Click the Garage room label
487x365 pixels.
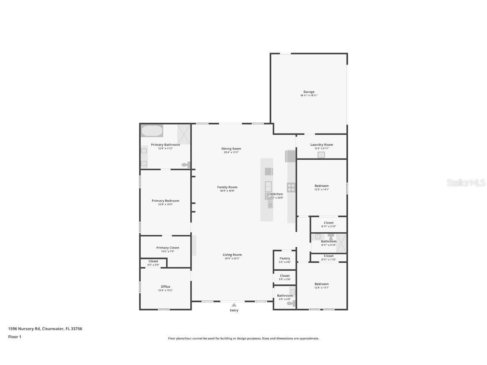[x=309, y=92]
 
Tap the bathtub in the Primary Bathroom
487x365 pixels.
[x=151, y=131]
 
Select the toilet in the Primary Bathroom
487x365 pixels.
[x=185, y=165]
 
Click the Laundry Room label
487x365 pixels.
[x=321, y=144]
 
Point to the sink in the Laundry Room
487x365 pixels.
[x=321, y=155]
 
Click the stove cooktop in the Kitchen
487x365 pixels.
[x=291, y=187]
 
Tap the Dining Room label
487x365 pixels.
[x=231, y=148]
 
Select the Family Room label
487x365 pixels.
[x=227, y=187]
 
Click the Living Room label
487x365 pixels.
[x=232, y=255]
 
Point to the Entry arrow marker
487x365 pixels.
[x=234, y=304]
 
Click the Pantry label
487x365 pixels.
[x=285, y=258]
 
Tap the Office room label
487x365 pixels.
[x=165, y=286]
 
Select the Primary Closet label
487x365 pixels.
[x=167, y=248]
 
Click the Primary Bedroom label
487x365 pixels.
[x=165, y=201]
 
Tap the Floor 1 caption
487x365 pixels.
[x=14, y=337]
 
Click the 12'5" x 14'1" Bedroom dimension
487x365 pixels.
[x=321, y=190]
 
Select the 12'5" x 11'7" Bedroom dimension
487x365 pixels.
[x=321, y=288]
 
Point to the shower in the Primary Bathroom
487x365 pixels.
[x=184, y=134]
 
